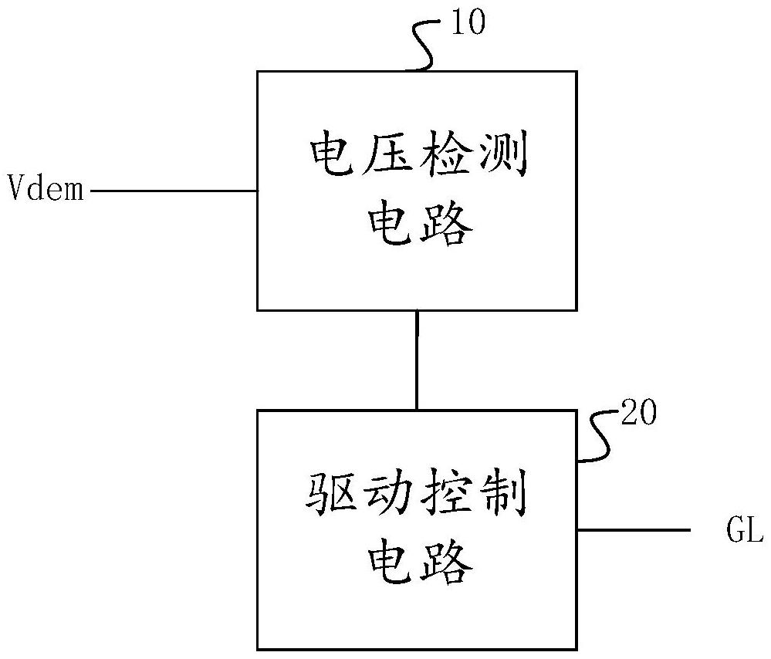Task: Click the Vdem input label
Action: coord(46,188)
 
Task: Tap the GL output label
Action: coord(744,532)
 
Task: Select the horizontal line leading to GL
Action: coord(633,531)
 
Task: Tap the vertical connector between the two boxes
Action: coord(418,360)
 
